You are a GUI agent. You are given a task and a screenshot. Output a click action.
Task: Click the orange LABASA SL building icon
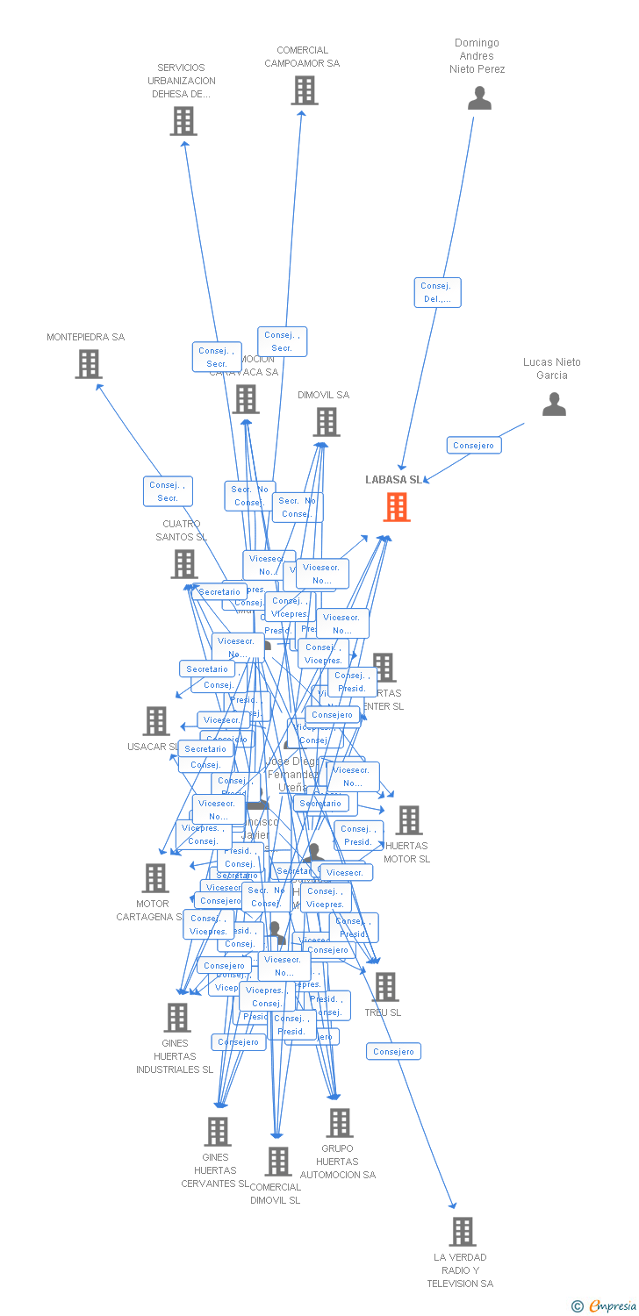coord(397,506)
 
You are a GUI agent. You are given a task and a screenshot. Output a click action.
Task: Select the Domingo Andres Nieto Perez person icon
coord(479,97)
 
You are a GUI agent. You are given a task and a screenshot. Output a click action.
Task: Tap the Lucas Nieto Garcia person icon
coord(554,404)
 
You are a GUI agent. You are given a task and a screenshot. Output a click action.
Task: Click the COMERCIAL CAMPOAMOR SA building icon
coord(305,90)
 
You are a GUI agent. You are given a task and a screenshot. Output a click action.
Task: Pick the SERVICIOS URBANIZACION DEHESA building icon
coord(183,121)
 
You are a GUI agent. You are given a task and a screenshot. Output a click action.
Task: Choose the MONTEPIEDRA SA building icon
coord(89,364)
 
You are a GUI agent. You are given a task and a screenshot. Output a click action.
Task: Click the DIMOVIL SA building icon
coord(327,422)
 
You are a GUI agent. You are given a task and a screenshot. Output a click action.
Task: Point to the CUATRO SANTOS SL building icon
coord(184,564)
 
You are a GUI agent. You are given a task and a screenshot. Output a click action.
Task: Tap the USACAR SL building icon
coord(156,721)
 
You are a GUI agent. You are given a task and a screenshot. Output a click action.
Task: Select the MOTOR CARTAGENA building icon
coord(155,877)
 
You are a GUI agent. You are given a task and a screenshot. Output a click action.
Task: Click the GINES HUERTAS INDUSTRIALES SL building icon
coord(177,1018)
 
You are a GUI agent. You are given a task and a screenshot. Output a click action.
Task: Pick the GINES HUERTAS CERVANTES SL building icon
coord(218,1132)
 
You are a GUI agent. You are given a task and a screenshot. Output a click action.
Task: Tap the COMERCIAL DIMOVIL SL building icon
coord(278,1162)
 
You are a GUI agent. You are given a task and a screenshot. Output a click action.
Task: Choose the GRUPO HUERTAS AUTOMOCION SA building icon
coord(340,1123)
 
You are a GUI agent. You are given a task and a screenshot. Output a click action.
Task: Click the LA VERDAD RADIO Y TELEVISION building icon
coord(463,1232)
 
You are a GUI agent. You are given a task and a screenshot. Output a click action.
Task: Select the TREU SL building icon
coord(384,987)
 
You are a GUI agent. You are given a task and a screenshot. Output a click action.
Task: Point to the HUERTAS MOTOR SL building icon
coord(408,820)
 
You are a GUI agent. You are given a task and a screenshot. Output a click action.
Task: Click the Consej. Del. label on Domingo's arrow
coord(437,292)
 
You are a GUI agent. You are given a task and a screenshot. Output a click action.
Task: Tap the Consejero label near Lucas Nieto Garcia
coord(474,445)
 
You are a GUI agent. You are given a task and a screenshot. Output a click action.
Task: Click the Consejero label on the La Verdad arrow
coord(393,1051)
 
